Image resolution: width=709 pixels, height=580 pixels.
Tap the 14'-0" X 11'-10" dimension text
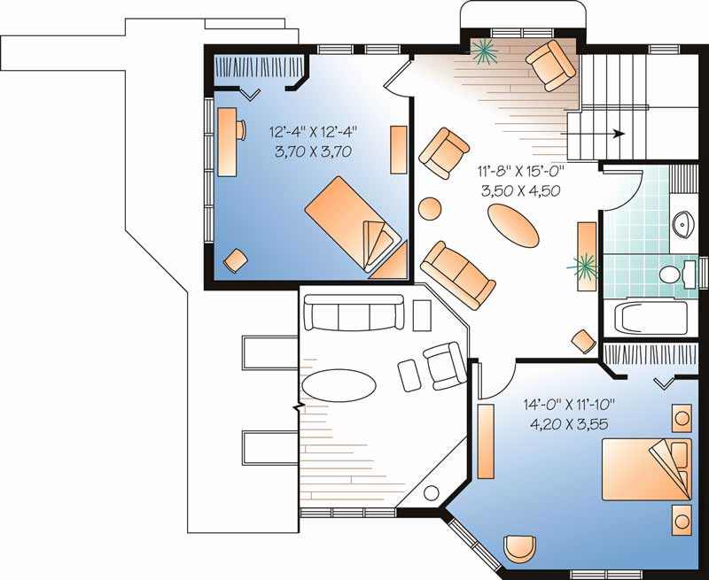[x=568, y=405]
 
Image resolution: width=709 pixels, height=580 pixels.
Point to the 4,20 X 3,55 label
[x=568, y=423]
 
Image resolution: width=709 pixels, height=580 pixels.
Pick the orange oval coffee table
[x=513, y=227]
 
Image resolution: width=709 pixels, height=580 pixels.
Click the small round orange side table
[x=429, y=208]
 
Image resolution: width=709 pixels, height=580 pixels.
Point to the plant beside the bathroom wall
[x=584, y=263]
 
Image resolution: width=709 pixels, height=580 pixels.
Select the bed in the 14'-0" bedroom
[x=647, y=469]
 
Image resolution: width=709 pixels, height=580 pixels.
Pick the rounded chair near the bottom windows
[x=519, y=548]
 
